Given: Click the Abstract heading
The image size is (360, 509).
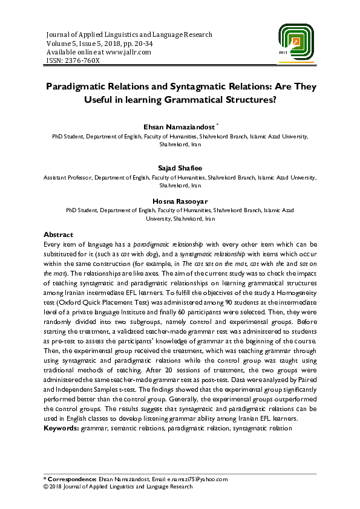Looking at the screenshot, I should click(58, 235).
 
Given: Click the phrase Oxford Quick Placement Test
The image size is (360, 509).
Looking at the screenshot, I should click(99, 308).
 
